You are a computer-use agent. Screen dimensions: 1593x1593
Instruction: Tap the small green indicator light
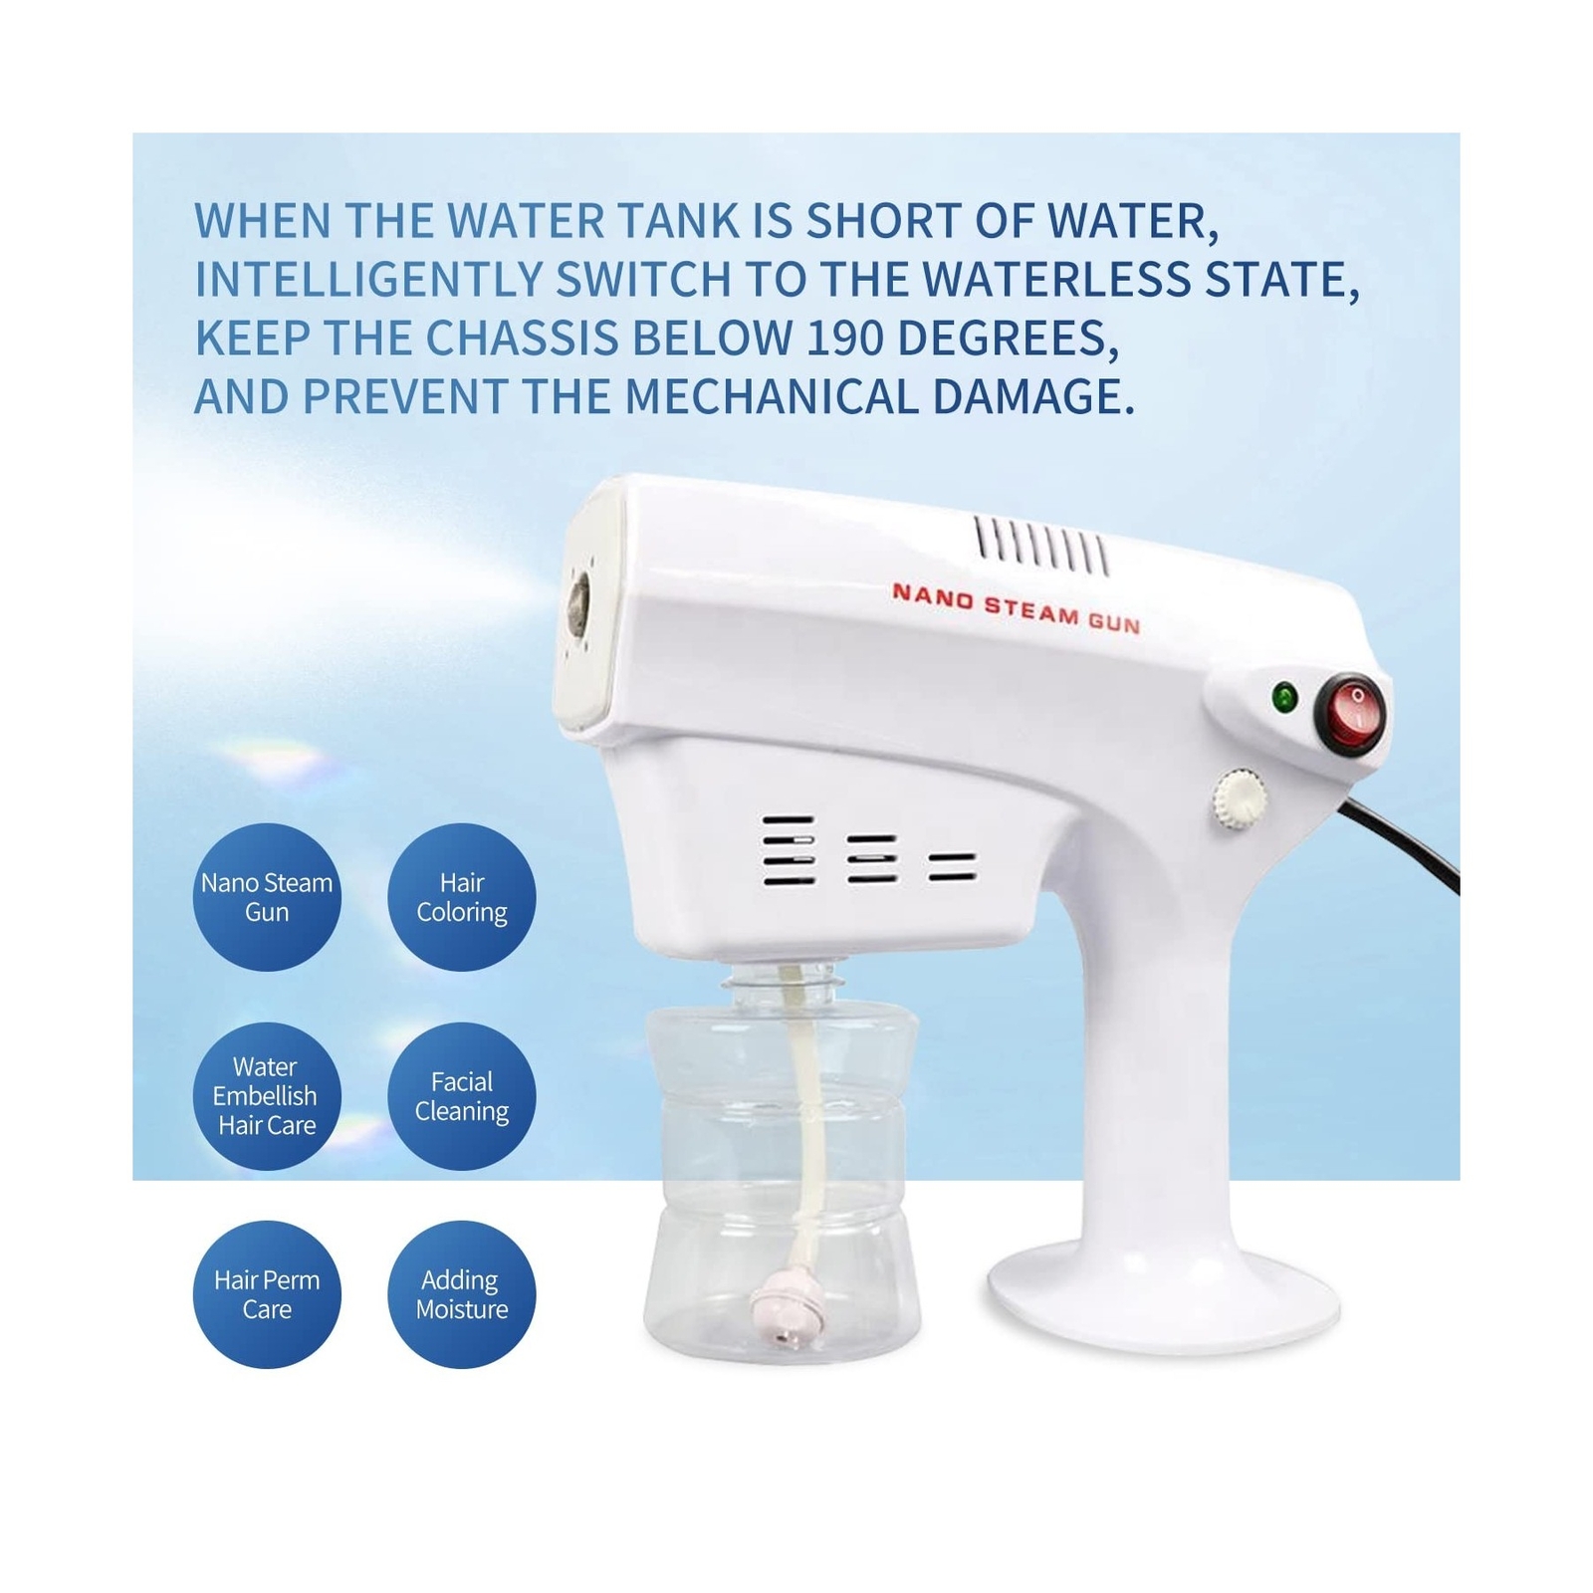[x=1284, y=697]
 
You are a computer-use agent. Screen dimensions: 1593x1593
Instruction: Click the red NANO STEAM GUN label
[x=1016, y=608]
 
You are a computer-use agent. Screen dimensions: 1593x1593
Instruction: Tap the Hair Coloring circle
[x=462, y=897]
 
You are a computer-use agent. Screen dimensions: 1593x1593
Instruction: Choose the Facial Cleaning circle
[x=462, y=1096]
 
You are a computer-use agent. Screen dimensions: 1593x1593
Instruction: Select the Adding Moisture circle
[x=462, y=1294]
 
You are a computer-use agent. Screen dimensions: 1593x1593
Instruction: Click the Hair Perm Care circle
[x=267, y=1294]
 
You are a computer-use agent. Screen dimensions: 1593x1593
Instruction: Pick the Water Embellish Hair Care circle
[x=267, y=1096]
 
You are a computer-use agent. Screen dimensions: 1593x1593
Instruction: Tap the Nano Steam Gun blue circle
[x=267, y=897]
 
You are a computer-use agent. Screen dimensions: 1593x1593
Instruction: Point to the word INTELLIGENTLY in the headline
[x=367, y=280]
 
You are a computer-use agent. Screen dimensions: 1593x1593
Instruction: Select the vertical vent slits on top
[x=1041, y=547]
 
